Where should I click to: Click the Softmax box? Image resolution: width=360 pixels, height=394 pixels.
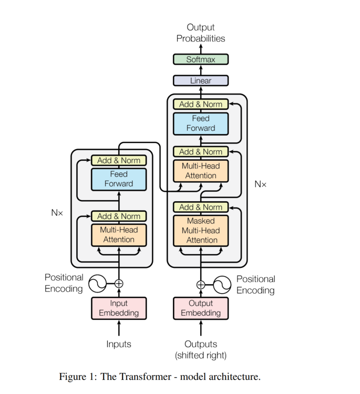click(x=201, y=59)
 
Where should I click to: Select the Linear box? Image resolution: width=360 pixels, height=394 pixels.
click(x=201, y=80)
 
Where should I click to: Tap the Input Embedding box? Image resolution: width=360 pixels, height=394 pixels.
click(x=119, y=308)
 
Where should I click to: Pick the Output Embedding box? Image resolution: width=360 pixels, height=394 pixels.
click(x=201, y=308)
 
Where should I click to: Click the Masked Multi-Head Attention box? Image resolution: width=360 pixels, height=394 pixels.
click(x=201, y=231)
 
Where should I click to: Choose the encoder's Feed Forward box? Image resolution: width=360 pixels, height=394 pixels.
click(x=119, y=179)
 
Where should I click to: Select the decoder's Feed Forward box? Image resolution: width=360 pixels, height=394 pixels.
click(x=201, y=123)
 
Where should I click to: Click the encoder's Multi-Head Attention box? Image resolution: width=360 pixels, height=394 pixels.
click(x=119, y=235)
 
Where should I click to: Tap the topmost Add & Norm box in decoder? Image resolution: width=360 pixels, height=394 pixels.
click(x=201, y=104)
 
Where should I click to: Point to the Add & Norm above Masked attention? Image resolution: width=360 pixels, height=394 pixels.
click(x=201, y=207)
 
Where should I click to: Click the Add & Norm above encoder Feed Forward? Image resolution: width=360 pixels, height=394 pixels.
click(x=119, y=160)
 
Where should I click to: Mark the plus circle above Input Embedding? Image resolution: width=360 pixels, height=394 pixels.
click(x=119, y=284)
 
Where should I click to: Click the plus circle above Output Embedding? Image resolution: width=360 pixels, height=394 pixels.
click(x=201, y=285)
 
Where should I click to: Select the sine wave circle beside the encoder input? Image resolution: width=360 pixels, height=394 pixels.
click(x=97, y=284)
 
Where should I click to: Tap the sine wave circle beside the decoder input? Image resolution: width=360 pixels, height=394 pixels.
click(x=222, y=285)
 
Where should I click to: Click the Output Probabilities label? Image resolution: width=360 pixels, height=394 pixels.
click(x=201, y=33)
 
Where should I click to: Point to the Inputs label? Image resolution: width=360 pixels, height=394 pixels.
click(x=119, y=345)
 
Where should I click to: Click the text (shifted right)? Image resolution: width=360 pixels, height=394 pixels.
click(x=201, y=356)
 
